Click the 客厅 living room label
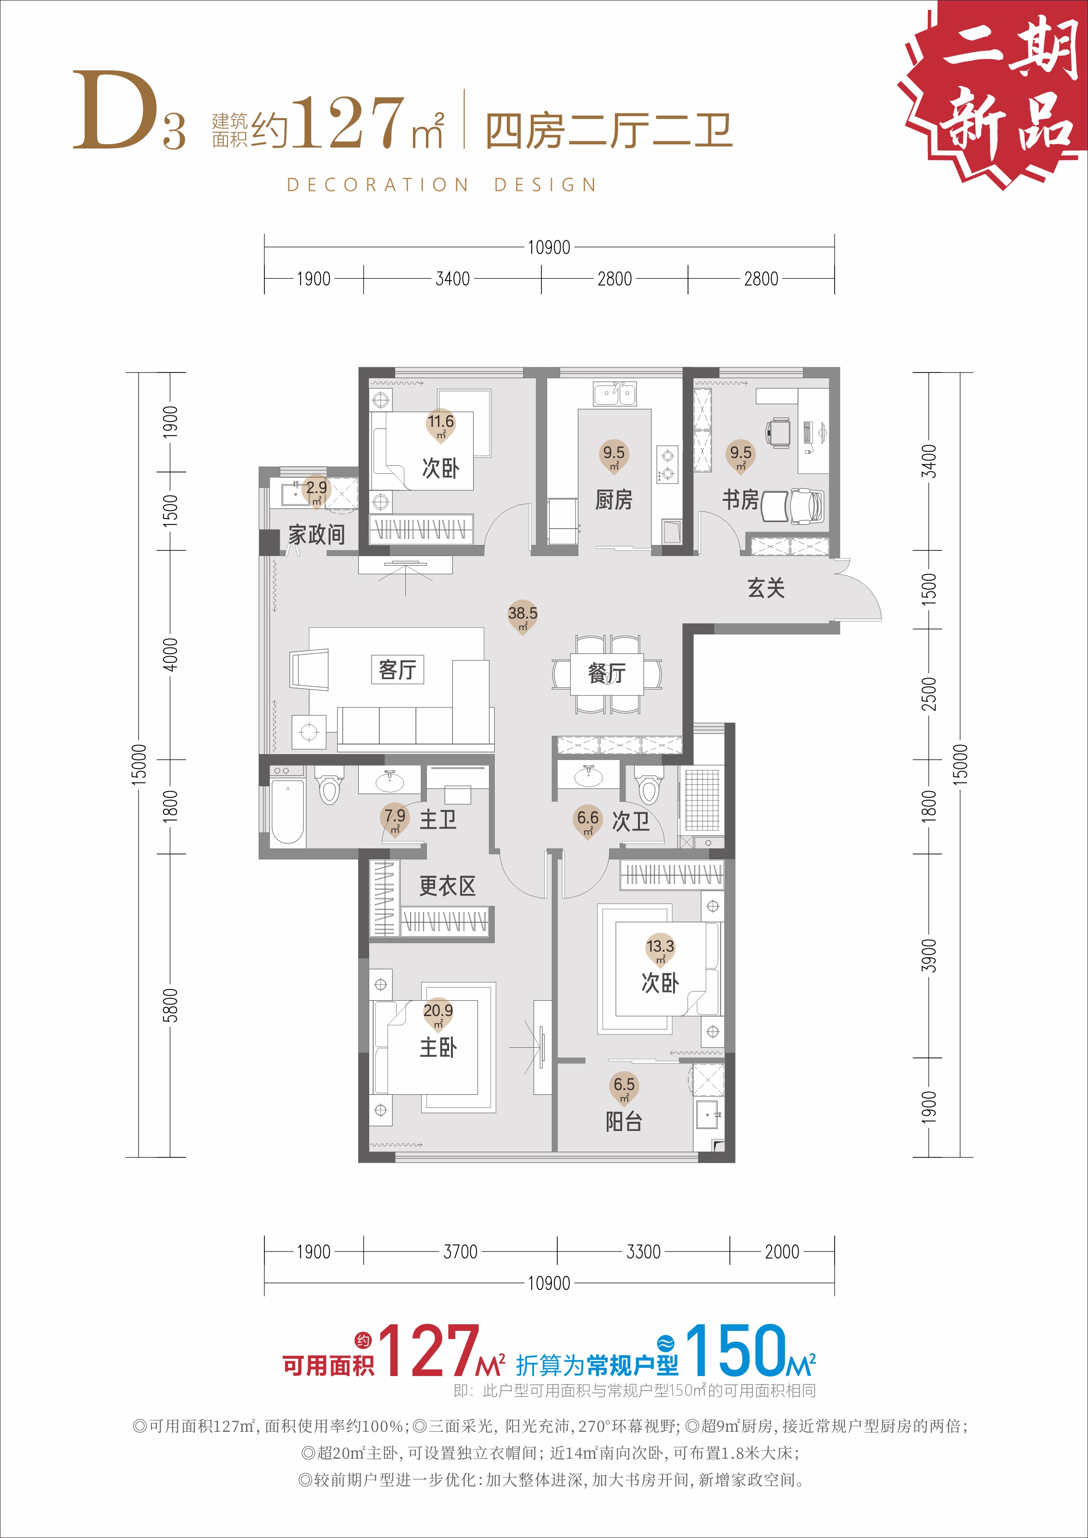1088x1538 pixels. coord(397,669)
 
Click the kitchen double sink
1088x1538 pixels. coord(614,395)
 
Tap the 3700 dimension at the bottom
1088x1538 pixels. coord(460,1251)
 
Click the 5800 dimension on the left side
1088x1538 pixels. coord(170,1005)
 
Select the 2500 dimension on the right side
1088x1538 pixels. coord(928,694)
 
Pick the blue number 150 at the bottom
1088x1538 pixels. coord(735,1351)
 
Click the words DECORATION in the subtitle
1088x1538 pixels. coord(377,185)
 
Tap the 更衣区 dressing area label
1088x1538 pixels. coord(448,886)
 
